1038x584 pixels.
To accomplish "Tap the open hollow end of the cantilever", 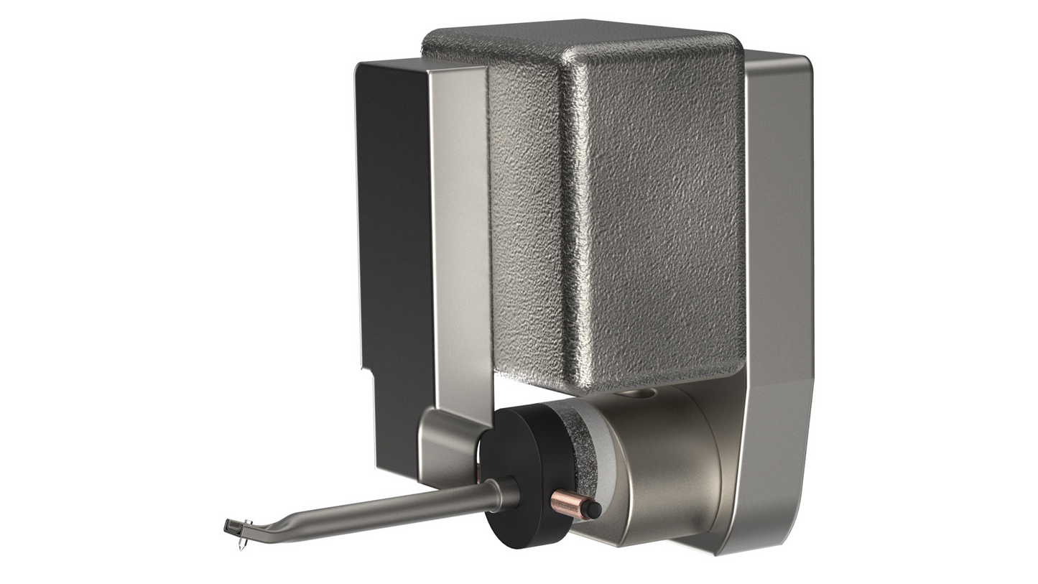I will (x=228, y=528).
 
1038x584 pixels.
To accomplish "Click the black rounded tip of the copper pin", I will (x=593, y=509).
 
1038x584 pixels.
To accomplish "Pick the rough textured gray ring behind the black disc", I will (x=578, y=438).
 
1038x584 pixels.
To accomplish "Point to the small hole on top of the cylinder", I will (x=635, y=393).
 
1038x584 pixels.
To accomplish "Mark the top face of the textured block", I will (x=575, y=36).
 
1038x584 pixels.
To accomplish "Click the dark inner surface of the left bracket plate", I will (x=395, y=251).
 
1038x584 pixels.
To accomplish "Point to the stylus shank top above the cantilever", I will (x=247, y=522).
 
